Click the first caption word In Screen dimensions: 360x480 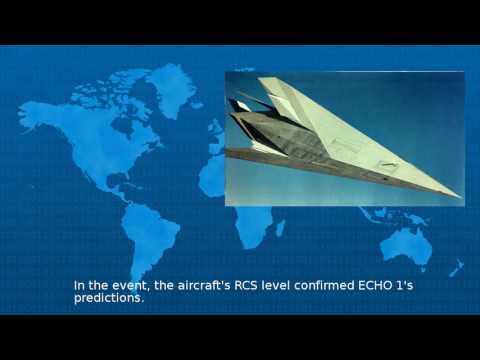[79, 285]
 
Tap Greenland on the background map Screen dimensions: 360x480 [171, 85]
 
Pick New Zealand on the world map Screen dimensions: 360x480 [456, 268]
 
